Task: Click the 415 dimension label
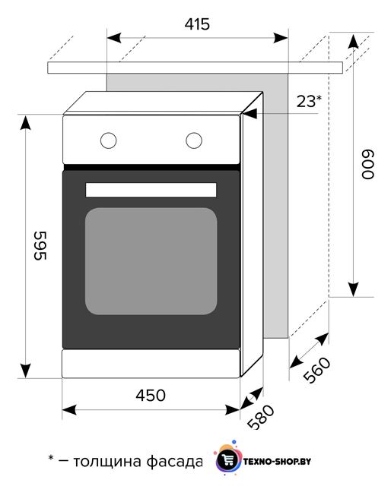pos(197,24)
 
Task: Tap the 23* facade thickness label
pos(309,101)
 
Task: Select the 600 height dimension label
pos(368,164)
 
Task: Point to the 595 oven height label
pos(40,245)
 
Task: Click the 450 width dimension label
pos(151,396)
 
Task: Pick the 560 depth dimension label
pos(316,370)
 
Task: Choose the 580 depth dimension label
pos(261,417)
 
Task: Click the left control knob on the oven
pos(108,140)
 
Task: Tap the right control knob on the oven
pos(194,140)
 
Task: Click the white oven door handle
pos(151,190)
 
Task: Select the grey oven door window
pos(151,261)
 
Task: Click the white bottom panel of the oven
pos(151,364)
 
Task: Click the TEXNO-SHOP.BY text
pos(278,462)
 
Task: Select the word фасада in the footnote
pos(174,462)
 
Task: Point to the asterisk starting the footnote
pos(51,458)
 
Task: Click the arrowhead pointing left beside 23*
pos(250,113)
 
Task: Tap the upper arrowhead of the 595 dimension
pos(25,122)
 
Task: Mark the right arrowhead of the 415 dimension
pos(281,38)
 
